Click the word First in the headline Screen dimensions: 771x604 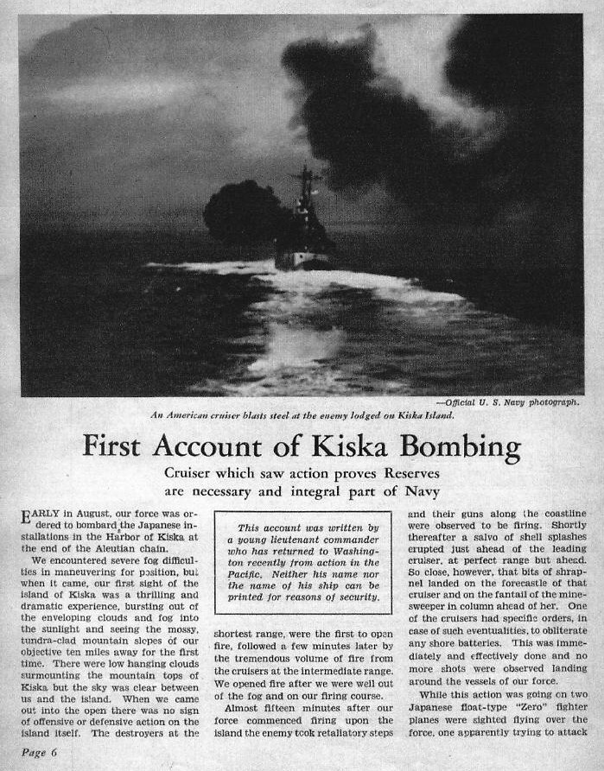tap(118, 447)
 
